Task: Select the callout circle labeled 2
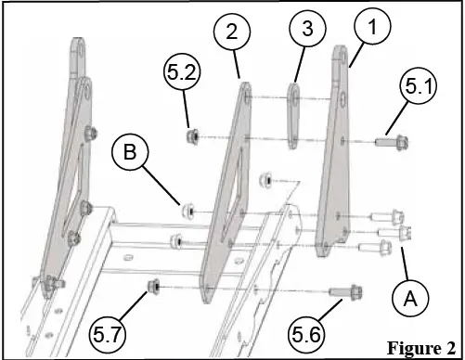[232, 32]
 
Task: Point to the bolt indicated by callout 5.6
[345, 293]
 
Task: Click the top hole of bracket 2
[246, 94]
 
